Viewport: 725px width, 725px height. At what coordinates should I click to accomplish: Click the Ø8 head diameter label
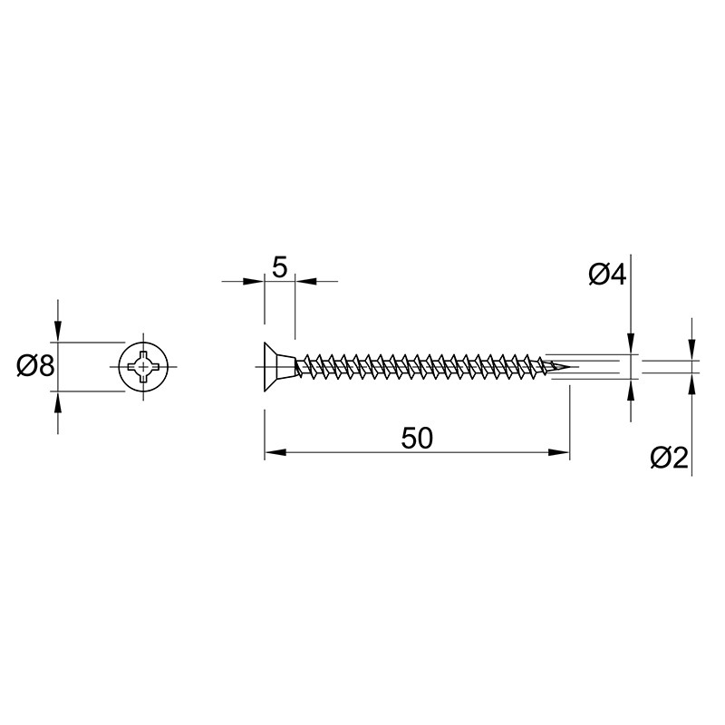[35, 366]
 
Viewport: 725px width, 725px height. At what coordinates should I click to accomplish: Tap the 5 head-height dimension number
[280, 267]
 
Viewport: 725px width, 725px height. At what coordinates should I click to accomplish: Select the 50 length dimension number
[417, 438]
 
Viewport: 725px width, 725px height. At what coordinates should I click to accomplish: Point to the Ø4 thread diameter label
[607, 275]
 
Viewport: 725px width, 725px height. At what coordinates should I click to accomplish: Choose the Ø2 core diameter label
[669, 458]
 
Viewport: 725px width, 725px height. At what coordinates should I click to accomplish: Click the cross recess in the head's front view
[143, 367]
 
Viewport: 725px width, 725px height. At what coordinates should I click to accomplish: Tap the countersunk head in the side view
[279, 367]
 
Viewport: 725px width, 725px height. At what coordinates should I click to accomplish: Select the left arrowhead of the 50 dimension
[275, 452]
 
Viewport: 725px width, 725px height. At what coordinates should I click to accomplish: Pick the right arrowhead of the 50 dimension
[558, 452]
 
